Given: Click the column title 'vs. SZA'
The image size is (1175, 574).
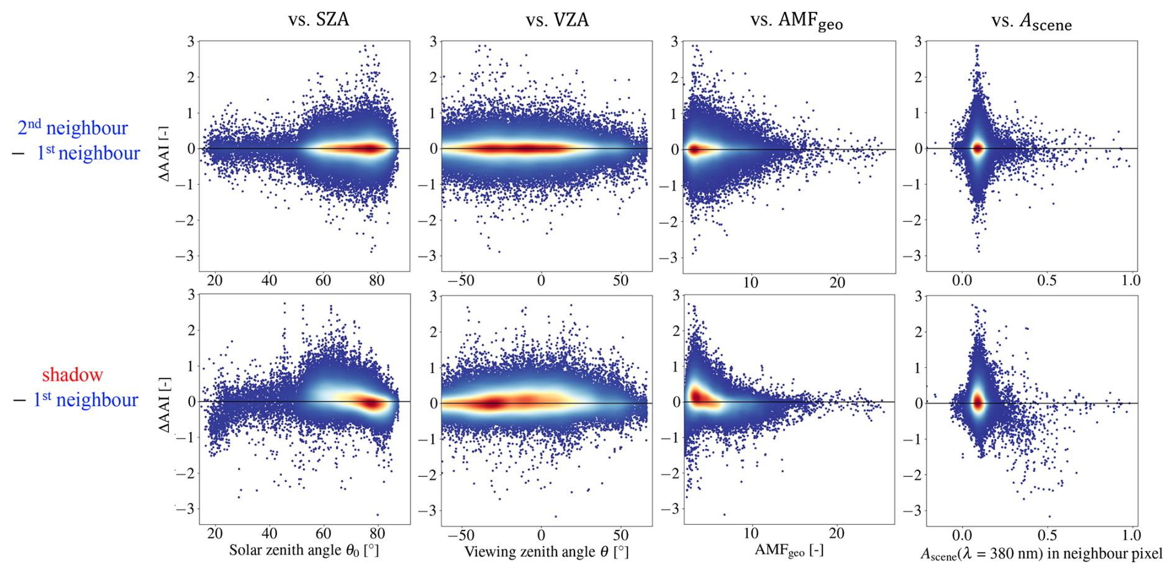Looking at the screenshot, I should tap(319, 19).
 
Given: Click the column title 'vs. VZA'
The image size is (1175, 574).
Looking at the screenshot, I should tap(557, 20).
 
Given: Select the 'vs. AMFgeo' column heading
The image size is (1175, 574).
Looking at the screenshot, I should tap(796, 21).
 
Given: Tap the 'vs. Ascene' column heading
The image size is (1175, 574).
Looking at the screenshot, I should tap(1032, 22).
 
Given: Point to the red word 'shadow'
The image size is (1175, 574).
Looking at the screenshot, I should tap(72, 375).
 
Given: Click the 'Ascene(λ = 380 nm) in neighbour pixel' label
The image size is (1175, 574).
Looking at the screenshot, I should tap(1041, 553).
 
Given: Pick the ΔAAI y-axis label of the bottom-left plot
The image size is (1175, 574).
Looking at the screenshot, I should tap(164, 404).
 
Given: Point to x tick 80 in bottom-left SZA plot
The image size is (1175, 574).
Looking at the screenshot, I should tap(376, 534).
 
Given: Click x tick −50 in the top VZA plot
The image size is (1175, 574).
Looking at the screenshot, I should tap(461, 281).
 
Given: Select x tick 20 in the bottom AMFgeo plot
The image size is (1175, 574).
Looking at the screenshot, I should tap(836, 533).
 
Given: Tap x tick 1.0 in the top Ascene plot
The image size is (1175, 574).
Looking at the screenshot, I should tap(1131, 280).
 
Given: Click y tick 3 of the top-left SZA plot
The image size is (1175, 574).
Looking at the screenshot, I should tap(191, 42).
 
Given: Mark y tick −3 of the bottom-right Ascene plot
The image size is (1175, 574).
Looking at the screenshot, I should tap(914, 511).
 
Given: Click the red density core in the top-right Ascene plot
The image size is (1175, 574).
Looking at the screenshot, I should tap(978, 148).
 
